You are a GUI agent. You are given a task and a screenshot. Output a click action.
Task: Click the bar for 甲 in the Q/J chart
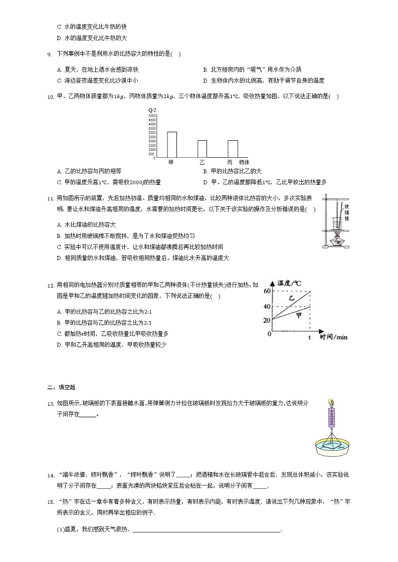172,145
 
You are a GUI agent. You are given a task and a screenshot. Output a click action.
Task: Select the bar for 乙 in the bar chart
202,149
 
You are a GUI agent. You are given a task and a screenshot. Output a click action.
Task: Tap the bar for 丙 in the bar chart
233,149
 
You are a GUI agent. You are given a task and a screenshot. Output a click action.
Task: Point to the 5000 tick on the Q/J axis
152,116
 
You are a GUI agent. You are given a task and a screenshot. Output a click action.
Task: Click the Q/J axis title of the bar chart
152,110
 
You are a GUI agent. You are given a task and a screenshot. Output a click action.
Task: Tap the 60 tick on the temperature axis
266,291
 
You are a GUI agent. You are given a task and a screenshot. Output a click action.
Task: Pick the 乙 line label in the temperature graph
292,298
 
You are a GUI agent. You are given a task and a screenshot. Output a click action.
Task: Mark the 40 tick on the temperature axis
266,307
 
